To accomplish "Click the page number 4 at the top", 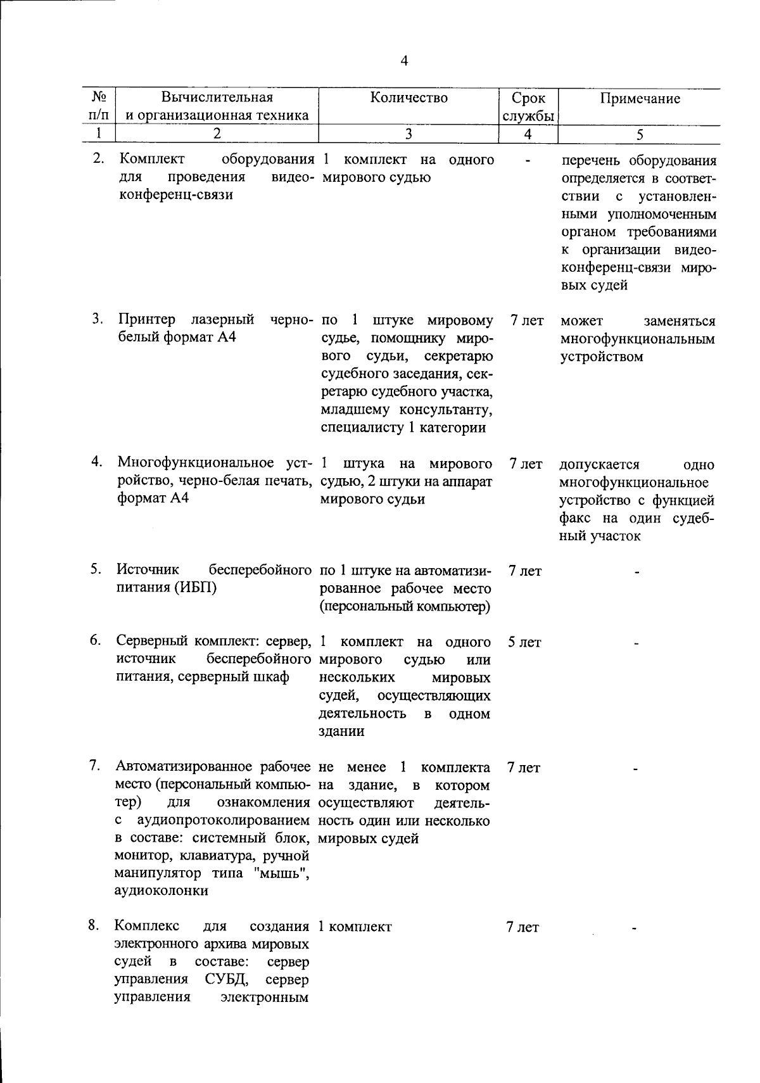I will (405, 61).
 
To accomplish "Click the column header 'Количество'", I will (408, 98).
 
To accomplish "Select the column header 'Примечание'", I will (640, 98).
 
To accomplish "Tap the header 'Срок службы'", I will (528, 107).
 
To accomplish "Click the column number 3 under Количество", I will (408, 134).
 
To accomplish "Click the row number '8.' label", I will (94, 925).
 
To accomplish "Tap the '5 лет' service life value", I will (524, 642).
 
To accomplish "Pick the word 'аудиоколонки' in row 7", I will (161, 890).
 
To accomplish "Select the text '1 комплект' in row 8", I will (355, 927).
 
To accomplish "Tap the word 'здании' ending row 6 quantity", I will (342, 731).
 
